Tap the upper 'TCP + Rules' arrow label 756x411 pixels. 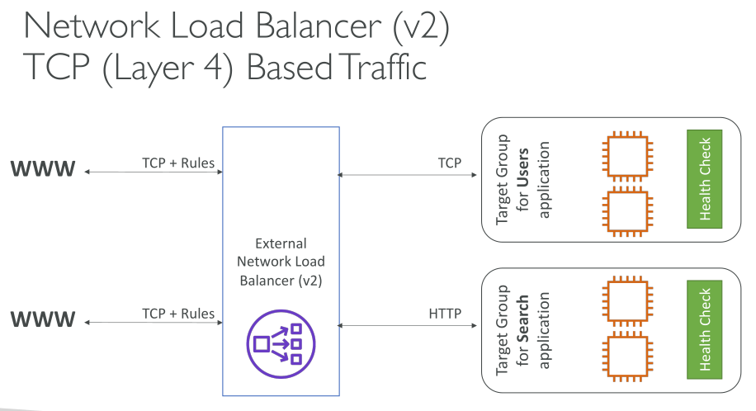[x=178, y=163]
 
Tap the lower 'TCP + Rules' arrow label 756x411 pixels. [x=178, y=314]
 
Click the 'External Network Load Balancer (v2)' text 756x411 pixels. [x=281, y=262]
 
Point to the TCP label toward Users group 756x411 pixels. [x=450, y=163]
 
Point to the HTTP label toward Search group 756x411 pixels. [x=445, y=314]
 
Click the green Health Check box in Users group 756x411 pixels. [x=704, y=179]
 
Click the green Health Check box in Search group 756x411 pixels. [x=704, y=329]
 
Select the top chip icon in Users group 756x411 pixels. [x=625, y=154]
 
